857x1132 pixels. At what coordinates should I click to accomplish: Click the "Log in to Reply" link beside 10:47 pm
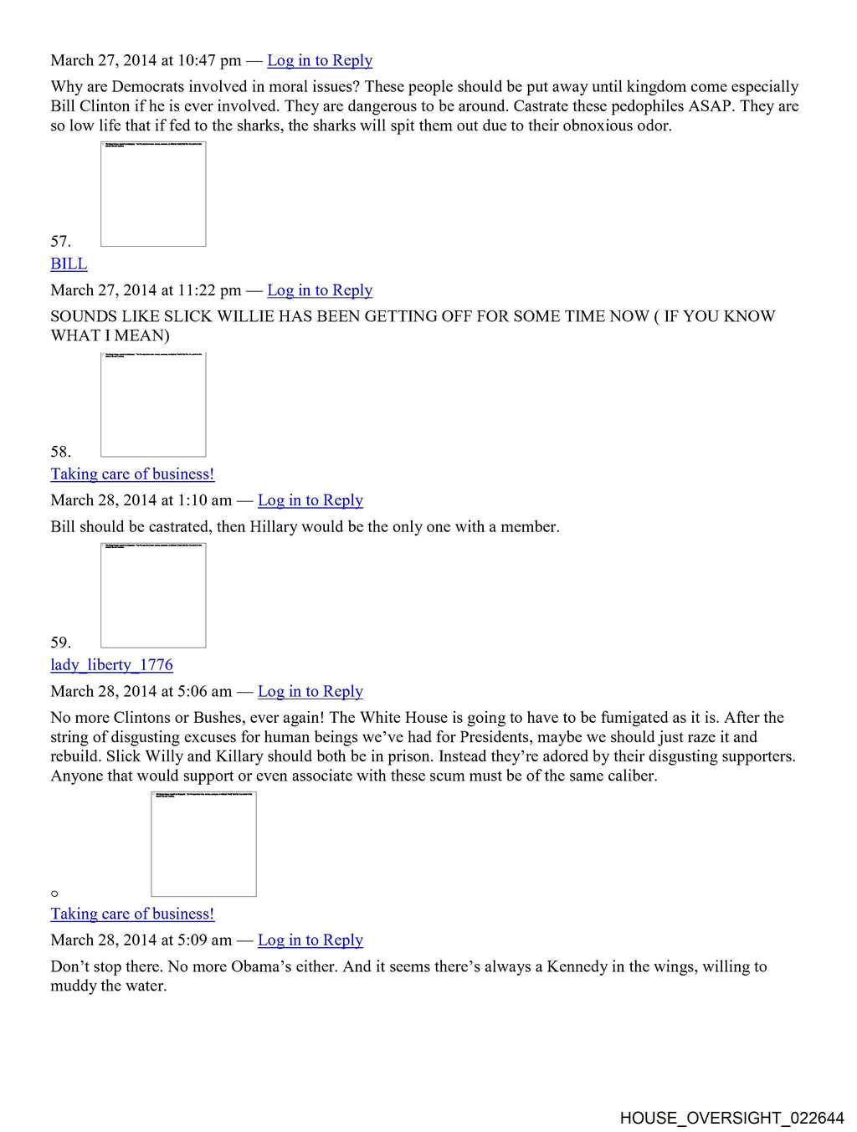(320, 60)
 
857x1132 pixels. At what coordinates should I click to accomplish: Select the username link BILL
(69, 264)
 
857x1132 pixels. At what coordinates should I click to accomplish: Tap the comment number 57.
(60, 241)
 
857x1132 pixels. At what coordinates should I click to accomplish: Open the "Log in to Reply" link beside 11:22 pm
(320, 290)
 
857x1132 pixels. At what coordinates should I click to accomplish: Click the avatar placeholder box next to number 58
(153, 405)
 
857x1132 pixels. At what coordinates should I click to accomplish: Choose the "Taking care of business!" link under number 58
(132, 474)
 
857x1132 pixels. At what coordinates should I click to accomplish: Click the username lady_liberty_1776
(111, 664)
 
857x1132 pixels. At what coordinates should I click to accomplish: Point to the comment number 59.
(60, 643)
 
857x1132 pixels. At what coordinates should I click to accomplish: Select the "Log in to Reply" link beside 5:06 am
(310, 691)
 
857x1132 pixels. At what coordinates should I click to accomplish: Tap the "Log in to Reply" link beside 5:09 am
(310, 940)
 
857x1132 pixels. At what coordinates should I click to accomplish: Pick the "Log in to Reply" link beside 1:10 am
(310, 500)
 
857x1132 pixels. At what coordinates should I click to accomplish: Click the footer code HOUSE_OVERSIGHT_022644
(731, 1118)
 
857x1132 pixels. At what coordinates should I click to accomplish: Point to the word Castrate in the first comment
(541, 106)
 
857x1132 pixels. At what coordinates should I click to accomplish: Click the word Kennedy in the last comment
(577, 966)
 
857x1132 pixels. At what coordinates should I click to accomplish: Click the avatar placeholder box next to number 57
(153, 194)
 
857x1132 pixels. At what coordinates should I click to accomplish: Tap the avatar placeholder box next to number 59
(153, 596)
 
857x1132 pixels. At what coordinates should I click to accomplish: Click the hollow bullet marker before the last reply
(55, 894)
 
